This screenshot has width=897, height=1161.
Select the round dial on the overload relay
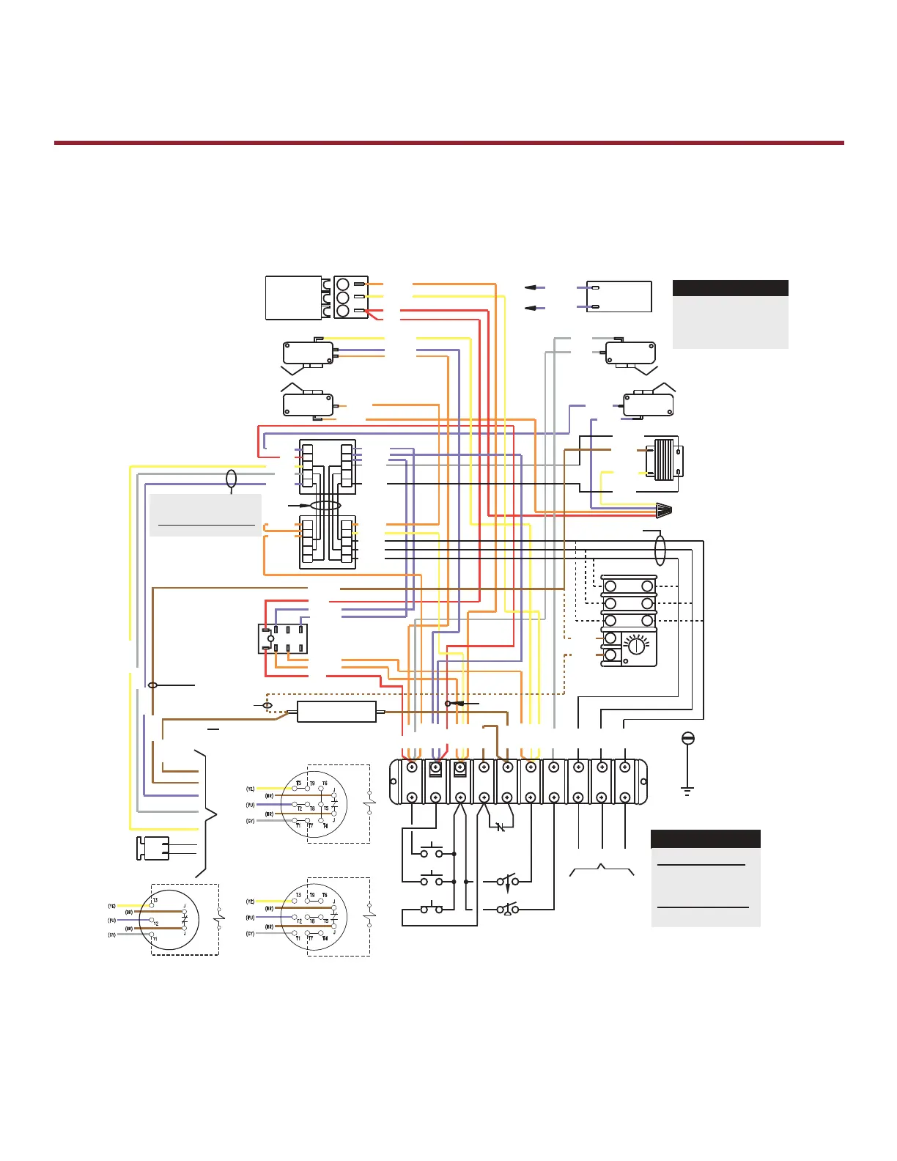pos(636,647)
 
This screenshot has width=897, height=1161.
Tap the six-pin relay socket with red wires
pos(283,638)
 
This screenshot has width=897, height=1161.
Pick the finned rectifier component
pos(663,460)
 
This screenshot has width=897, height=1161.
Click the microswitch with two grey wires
pos(630,353)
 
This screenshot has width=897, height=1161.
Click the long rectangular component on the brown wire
pos(336,712)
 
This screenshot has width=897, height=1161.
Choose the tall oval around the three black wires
pos(660,550)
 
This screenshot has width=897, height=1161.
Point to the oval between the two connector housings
pos(325,506)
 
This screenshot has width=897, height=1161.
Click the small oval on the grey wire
pos(232,479)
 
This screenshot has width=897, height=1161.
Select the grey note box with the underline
pos(205,515)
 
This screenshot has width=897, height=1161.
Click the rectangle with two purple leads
pos(619,296)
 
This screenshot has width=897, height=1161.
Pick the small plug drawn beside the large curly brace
pos(154,848)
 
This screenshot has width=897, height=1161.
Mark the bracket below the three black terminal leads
pos(602,870)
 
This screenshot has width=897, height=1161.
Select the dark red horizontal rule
pos(448,143)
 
